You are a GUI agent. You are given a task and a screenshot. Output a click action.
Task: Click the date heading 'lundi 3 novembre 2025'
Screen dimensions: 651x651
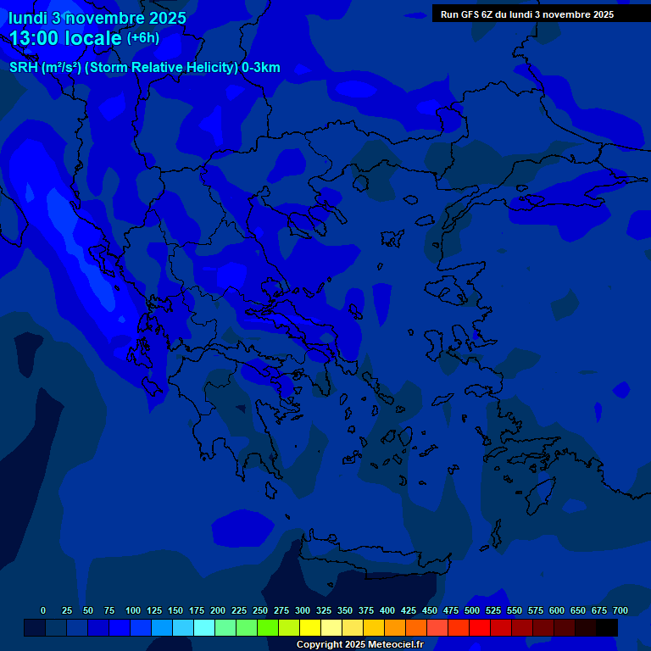tap(97, 18)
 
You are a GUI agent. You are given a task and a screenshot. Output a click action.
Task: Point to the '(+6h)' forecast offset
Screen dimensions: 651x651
tap(142, 38)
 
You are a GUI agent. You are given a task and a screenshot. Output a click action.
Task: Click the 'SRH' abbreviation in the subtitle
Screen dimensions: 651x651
tap(24, 68)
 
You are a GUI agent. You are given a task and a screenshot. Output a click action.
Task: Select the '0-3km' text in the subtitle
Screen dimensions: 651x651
tap(261, 68)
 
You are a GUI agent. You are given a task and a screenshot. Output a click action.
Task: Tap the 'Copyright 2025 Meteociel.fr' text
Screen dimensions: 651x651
tap(359, 645)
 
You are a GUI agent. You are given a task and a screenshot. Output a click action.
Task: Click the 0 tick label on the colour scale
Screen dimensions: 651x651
tap(43, 610)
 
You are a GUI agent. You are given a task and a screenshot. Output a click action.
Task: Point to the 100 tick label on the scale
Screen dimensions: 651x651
tap(133, 610)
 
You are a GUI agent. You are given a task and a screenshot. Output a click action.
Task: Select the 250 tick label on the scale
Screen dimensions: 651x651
tap(260, 610)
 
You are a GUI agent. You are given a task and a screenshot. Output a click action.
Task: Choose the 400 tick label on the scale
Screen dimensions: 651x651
tap(387, 610)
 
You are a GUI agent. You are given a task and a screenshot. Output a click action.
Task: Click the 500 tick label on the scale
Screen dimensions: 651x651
tap(472, 610)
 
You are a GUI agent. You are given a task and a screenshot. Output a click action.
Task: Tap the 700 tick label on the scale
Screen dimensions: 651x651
tap(620, 610)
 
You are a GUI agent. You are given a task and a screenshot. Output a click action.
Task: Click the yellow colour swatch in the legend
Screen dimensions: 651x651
tap(310, 628)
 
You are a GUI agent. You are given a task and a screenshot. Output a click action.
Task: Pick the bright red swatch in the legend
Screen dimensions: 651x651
tap(480, 628)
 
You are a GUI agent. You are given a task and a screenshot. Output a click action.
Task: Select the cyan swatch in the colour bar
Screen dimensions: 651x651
tap(204, 628)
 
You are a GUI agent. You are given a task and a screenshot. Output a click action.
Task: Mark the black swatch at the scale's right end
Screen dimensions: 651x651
tap(607, 628)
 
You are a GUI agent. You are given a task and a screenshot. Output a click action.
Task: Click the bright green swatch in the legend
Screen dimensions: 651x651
tap(268, 628)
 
